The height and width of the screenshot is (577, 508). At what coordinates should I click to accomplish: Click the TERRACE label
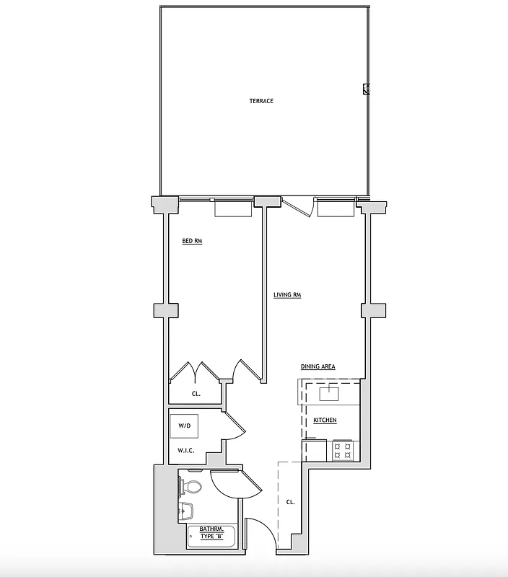click(261, 101)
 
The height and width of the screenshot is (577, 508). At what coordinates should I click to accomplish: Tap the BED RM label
click(192, 241)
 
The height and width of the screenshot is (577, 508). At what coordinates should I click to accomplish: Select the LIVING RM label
click(287, 295)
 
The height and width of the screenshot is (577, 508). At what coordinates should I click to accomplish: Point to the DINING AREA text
click(317, 367)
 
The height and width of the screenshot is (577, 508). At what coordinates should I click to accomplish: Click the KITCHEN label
click(325, 420)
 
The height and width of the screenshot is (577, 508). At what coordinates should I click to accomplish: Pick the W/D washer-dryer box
click(185, 426)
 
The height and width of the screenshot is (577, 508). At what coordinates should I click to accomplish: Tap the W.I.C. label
click(186, 452)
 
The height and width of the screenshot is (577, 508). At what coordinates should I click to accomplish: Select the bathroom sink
click(186, 510)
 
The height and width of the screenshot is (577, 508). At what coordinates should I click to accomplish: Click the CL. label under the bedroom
click(196, 395)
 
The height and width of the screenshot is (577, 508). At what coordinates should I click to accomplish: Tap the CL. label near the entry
click(290, 501)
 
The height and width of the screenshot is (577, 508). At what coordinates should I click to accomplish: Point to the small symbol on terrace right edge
click(367, 89)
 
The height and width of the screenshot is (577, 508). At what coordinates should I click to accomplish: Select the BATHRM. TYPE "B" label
click(212, 532)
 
